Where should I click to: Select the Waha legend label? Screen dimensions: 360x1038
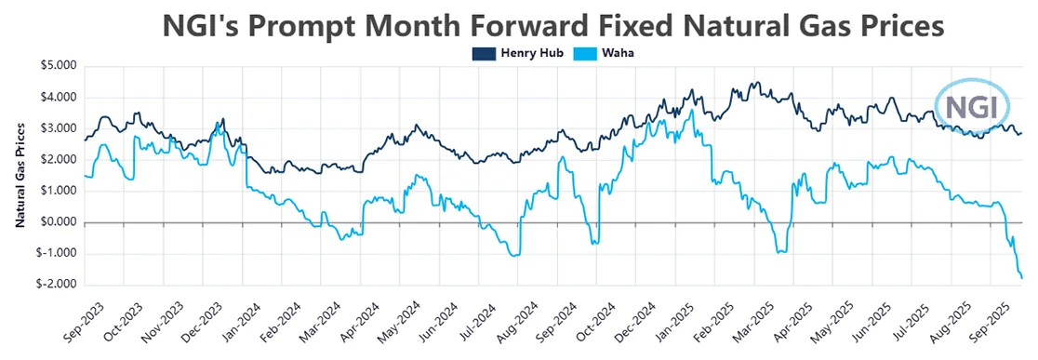[x=618, y=52]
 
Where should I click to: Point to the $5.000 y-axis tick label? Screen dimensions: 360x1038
[x=59, y=66]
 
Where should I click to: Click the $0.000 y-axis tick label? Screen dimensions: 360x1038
[x=59, y=222]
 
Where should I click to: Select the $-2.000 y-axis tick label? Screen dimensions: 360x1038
[x=57, y=285]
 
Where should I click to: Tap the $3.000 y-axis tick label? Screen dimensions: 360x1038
[x=59, y=128]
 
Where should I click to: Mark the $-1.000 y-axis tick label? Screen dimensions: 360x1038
[x=57, y=254]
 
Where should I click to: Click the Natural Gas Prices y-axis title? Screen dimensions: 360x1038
[x=20, y=177]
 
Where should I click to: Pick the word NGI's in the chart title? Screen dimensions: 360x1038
[x=198, y=23]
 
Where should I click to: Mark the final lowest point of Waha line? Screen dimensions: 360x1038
[x=1022, y=277]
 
